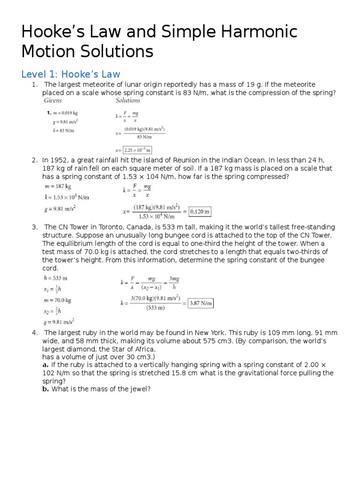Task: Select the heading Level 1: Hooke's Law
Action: tap(71, 74)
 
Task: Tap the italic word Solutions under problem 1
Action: tap(127, 100)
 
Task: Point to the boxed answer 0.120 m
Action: tap(200, 211)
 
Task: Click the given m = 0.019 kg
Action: tap(67, 113)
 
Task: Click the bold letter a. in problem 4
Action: tap(45, 365)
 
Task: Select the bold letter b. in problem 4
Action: tap(45, 389)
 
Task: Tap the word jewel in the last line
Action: tap(137, 389)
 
